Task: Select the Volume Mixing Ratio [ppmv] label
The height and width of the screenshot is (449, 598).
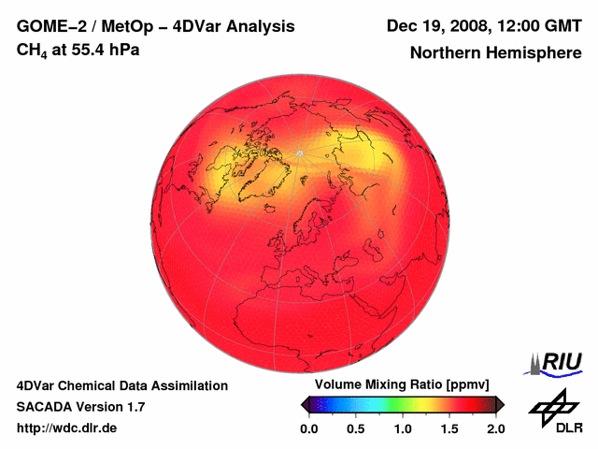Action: (403, 384)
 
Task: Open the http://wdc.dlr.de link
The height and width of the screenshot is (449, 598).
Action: (67, 428)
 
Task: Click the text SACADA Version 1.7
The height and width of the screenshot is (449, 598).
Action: (80, 407)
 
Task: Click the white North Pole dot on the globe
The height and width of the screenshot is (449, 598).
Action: (299, 152)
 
